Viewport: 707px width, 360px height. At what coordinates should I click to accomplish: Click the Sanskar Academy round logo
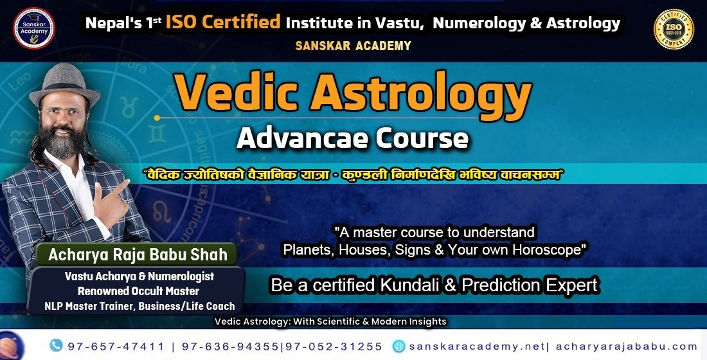pos(34,28)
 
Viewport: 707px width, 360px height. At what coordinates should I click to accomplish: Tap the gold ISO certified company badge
pos(674,30)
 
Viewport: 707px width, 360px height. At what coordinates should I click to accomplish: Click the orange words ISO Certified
pos(223,22)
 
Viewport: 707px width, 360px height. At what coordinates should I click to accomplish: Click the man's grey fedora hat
pos(64,84)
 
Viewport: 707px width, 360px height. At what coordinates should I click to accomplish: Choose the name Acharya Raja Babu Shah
pos(138,255)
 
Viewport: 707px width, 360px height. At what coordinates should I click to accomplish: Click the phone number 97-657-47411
pos(116,346)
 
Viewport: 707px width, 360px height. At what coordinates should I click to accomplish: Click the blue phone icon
pos(56,346)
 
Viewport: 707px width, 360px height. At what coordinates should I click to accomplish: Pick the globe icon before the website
pos(399,346)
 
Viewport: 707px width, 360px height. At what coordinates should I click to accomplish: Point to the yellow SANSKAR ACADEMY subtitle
pos(353,46)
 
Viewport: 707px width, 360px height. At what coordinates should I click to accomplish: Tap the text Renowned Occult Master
pos(138,291)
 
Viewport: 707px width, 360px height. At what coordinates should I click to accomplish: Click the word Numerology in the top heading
pos(479,23)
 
